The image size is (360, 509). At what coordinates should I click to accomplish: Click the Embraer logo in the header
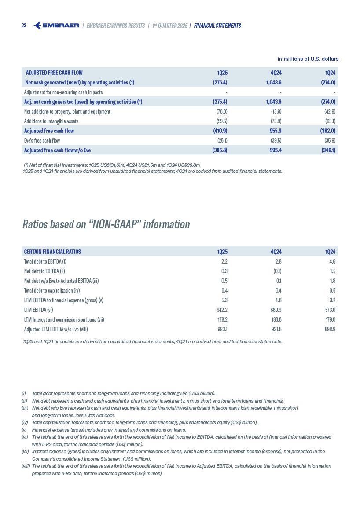[x=56, y=26]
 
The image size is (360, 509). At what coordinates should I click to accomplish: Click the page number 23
[x=24, y=26]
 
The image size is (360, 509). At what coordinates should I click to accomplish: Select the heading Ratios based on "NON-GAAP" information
[x=106, y=224]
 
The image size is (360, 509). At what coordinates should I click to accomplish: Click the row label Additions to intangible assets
[x=51, y=121]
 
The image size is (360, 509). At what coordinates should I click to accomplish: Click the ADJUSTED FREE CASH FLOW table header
[x=54, y=73]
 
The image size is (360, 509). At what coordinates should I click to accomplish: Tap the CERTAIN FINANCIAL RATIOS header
[x=52, y=252]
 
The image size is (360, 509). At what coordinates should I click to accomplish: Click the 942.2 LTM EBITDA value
[x=221, y=310]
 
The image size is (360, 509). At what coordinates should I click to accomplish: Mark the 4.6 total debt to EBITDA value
[x=332, y=261]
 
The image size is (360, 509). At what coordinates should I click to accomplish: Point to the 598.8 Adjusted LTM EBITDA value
[x=330, y=329]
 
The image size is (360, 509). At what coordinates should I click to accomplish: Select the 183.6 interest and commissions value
[x=275, y=319]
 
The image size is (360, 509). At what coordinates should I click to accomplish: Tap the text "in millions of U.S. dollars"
[x=308, y=59]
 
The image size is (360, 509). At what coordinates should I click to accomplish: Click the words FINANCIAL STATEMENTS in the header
[x=217, y=26]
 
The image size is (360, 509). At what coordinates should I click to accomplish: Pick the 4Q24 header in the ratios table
[x=276, y=252]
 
